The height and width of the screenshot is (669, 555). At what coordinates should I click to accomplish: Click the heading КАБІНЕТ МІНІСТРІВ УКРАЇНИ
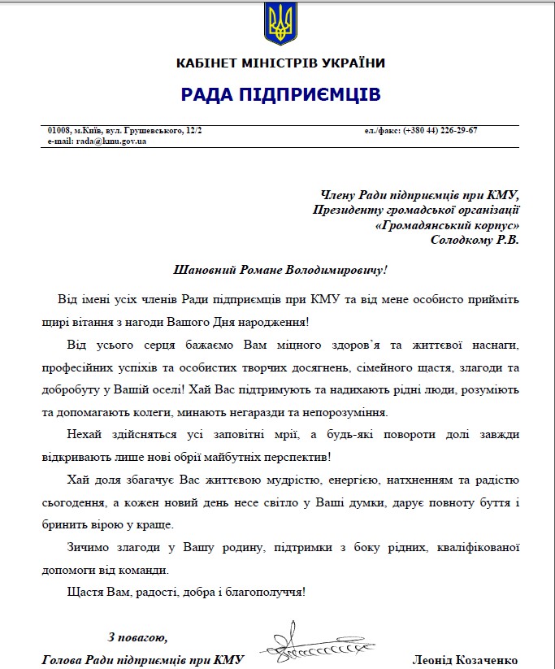point(280,63)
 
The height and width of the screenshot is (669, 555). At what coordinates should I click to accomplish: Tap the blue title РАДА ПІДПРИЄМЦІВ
point(280,95)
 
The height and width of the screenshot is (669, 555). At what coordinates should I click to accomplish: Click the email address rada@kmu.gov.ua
point(111,141)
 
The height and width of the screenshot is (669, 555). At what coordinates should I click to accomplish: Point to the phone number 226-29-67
point(458,131)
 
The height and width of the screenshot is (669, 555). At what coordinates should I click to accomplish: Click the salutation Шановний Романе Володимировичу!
point(281,269)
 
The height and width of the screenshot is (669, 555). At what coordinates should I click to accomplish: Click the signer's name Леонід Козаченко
point(465,660)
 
